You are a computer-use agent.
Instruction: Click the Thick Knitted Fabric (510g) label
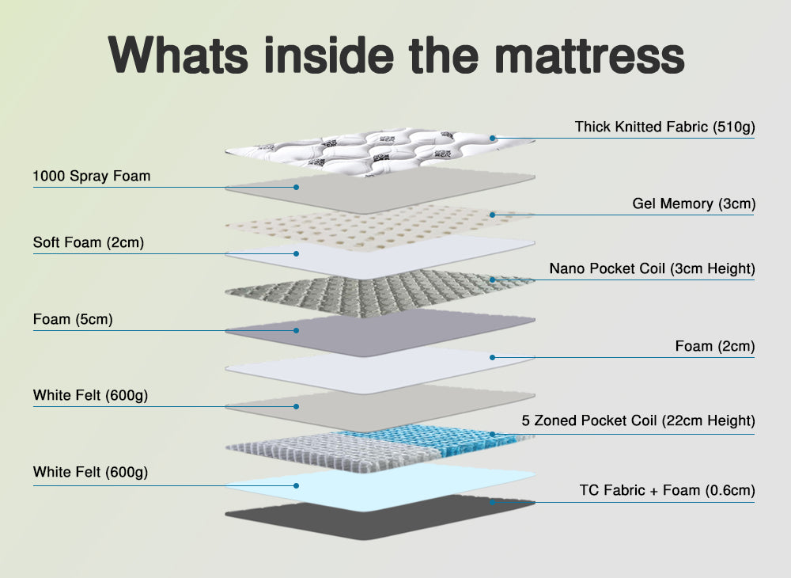click(x=664, y=127)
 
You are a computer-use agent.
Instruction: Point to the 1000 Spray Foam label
click(x=91, y=176)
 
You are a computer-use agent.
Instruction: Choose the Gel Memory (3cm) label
click(x=694, y=203)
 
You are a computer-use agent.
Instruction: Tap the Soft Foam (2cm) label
click(x=89, y=242)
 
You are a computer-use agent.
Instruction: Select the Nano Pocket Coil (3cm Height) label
click(x=652, y=268)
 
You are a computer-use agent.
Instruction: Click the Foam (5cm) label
click(x=73, y=320)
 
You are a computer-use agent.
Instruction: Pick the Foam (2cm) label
click(x=715, y=346)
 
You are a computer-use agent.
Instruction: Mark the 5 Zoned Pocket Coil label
click(x=638, y=420)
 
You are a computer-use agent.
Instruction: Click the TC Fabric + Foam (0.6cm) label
click(x=667, y=490)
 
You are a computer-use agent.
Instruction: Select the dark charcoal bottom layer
click(x=380, y=519)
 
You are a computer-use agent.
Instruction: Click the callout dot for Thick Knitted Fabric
click(x=492, y=138)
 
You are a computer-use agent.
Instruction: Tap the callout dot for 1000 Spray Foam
click(x=297, y=188)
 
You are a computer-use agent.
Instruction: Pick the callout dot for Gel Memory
click(x=492, y=215)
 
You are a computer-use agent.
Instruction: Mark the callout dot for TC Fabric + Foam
click(x=492, y=501)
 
